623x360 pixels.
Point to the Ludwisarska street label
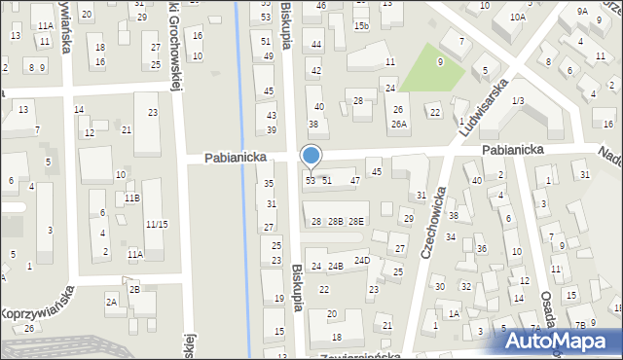(x=487, y=101)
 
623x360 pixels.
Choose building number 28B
(x=335, y=222)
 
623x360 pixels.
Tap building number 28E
(x=356, y=222)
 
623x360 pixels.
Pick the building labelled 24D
(x=362, y=260)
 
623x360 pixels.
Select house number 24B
(x=335, y=266)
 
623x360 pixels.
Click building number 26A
(x=398, y=124)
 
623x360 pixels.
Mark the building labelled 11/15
(x=156, y=224)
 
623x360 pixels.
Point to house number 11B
(x=131, y=198)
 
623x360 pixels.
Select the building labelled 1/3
(x=518, y=100)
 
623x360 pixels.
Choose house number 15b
(x=361, y=25)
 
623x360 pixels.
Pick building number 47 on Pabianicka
(x=355, y=180)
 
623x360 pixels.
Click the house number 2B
(x=134, y=289)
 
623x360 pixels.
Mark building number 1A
(x=454, y=313)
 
